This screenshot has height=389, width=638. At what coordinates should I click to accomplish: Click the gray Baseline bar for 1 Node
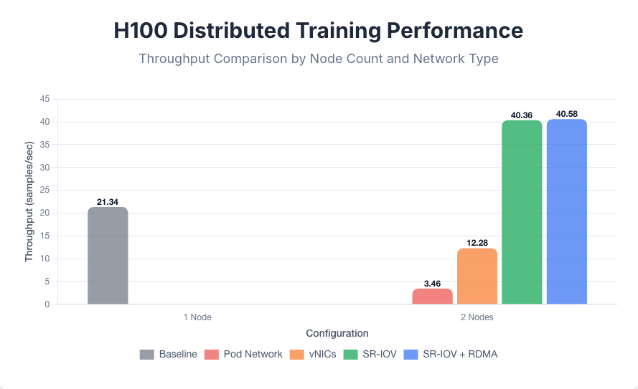(108, 256)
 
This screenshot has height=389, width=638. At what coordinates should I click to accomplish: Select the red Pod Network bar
(432, 297)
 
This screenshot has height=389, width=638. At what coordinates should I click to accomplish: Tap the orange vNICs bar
(477, 277)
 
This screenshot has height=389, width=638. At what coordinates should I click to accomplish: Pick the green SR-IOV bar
(522, 212)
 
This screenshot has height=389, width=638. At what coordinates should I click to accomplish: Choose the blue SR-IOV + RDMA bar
(567, 211)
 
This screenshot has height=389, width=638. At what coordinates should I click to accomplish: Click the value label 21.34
(108, 202)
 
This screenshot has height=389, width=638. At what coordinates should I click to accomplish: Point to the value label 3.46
(432, 284)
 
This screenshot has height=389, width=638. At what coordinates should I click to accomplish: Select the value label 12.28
(477, 244)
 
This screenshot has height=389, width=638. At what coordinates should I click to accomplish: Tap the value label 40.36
(522, 115)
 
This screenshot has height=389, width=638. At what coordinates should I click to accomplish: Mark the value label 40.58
(567, 115)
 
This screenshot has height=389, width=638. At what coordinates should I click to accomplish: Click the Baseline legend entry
(169, 354)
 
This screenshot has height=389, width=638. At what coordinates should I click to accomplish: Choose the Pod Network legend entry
(243, 354)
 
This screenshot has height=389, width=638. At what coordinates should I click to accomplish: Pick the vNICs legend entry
(313, 354)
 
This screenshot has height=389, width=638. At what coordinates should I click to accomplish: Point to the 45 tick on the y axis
(44, 100)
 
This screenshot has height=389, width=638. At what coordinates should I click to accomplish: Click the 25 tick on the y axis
(44, 191)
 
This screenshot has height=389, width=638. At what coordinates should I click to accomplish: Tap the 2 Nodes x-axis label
(477, 317)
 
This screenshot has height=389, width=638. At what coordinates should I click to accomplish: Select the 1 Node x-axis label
(197, 317)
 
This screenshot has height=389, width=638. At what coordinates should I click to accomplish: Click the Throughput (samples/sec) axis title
(29, 201)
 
